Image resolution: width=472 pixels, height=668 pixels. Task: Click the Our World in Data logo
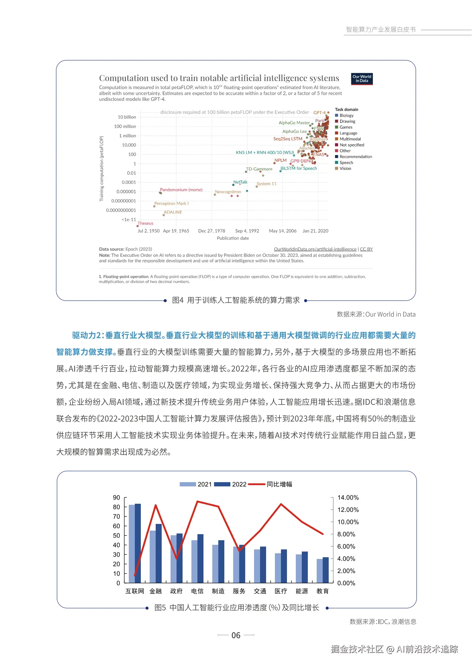(x=362, y=79)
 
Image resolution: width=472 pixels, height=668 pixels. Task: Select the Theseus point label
(x=145, y=223)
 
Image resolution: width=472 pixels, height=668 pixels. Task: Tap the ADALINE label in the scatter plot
(x=173, y=212)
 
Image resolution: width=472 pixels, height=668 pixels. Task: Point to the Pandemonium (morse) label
(x=181, y=190)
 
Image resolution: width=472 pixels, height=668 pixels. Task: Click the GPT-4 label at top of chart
(x=320, y=113)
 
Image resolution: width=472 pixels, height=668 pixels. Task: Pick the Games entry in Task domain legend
(x=346, y=127)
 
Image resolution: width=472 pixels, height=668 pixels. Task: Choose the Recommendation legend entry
(x=356, y=156)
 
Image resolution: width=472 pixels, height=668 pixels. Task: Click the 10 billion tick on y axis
(x=127, y=117)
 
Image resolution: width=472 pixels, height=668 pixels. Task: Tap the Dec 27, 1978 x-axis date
(x=212, y=231)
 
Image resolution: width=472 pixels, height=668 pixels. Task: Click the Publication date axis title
(x=233, y=238)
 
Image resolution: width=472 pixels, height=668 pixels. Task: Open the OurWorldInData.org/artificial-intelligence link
(x=315, y=249)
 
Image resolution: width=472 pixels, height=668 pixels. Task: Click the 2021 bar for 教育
(x=320, y=571)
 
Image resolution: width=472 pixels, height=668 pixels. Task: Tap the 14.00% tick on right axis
(x=348, y=497)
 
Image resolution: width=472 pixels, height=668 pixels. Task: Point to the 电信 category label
(x=197, y=591)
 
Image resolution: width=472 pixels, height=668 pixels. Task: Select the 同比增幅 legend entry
(x=279, y=484)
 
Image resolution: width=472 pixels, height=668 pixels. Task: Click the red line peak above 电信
(x=197, y=501)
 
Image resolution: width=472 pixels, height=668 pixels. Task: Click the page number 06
(x=236, y=635)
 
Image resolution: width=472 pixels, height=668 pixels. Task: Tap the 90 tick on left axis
(x=116, y=497)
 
